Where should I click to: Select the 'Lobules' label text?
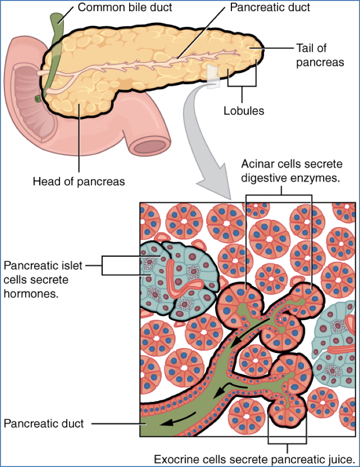click(x=244, y=111)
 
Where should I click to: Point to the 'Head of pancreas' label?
click(x=78, y=181)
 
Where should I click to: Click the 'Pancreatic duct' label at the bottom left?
click(x=44, y=423)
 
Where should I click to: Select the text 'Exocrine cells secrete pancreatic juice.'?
click(x=255, y=459)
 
